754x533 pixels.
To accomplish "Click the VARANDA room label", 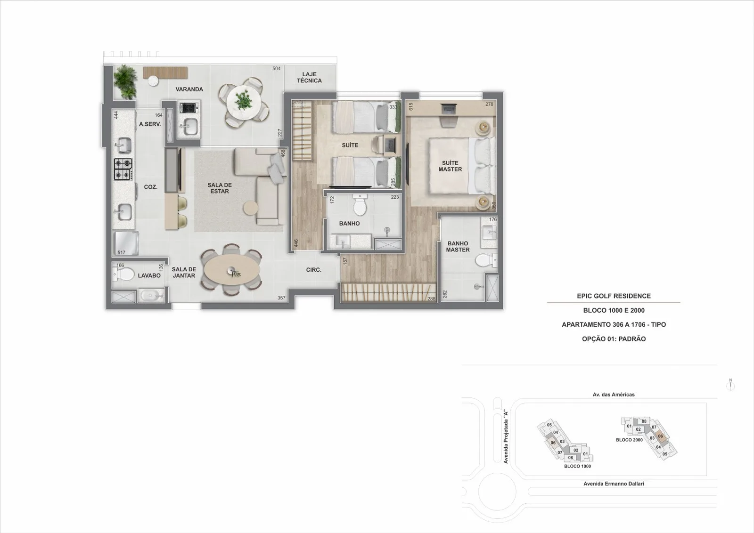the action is (x=189, y=89).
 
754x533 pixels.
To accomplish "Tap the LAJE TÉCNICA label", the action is (x=309, y=77).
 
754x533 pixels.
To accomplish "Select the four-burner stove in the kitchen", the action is (x=123, y=169).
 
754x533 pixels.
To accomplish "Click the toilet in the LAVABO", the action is (x=124, y=275).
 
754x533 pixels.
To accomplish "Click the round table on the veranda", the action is (x=243, y=102).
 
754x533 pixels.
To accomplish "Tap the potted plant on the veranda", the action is (x=125, y=82).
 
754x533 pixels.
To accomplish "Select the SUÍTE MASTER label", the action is (x=450, y=166).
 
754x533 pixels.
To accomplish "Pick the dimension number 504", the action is (x=276, y=69).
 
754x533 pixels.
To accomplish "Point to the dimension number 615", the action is (x=410, y=106).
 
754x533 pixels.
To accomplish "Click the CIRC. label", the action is (x=314, y=270).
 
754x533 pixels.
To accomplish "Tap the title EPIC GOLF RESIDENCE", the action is (x=614, y=296).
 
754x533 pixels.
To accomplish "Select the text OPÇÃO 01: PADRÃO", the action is (x=614, y=339).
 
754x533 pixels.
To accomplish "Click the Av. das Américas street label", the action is (x=614, y=395).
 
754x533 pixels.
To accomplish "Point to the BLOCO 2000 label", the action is (x=629, y=440).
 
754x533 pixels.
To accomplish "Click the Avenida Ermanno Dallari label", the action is (x=614, y=484).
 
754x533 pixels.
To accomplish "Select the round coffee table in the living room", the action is (x=250, y=208).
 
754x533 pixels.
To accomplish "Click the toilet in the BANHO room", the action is (x=360, y=205).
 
